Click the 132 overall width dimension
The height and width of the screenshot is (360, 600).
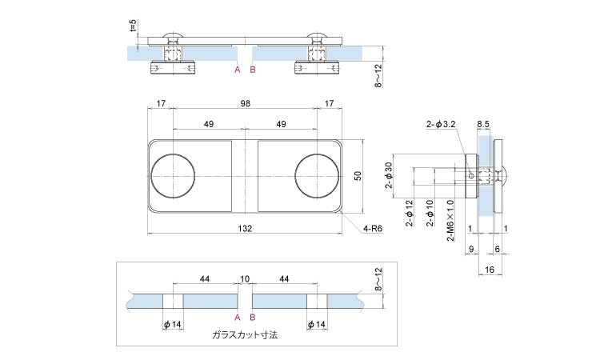(245, 229)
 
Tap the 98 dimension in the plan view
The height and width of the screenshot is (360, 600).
(245, 103)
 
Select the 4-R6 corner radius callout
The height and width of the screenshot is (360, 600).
(374, 229)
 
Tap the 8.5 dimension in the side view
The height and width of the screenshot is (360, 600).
(484, 124)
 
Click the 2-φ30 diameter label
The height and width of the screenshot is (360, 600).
(389, 176)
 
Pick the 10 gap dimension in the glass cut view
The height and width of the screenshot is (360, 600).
(245, 278)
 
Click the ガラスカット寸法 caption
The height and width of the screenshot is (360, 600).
(245, 336)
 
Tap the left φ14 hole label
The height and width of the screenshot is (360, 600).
(173, 324)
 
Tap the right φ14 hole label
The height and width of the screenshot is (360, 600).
(317, 324)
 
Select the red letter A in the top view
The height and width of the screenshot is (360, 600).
(237, 70)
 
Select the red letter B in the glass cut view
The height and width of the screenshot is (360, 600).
(253, 317)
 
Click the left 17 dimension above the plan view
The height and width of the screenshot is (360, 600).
(161, 103)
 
